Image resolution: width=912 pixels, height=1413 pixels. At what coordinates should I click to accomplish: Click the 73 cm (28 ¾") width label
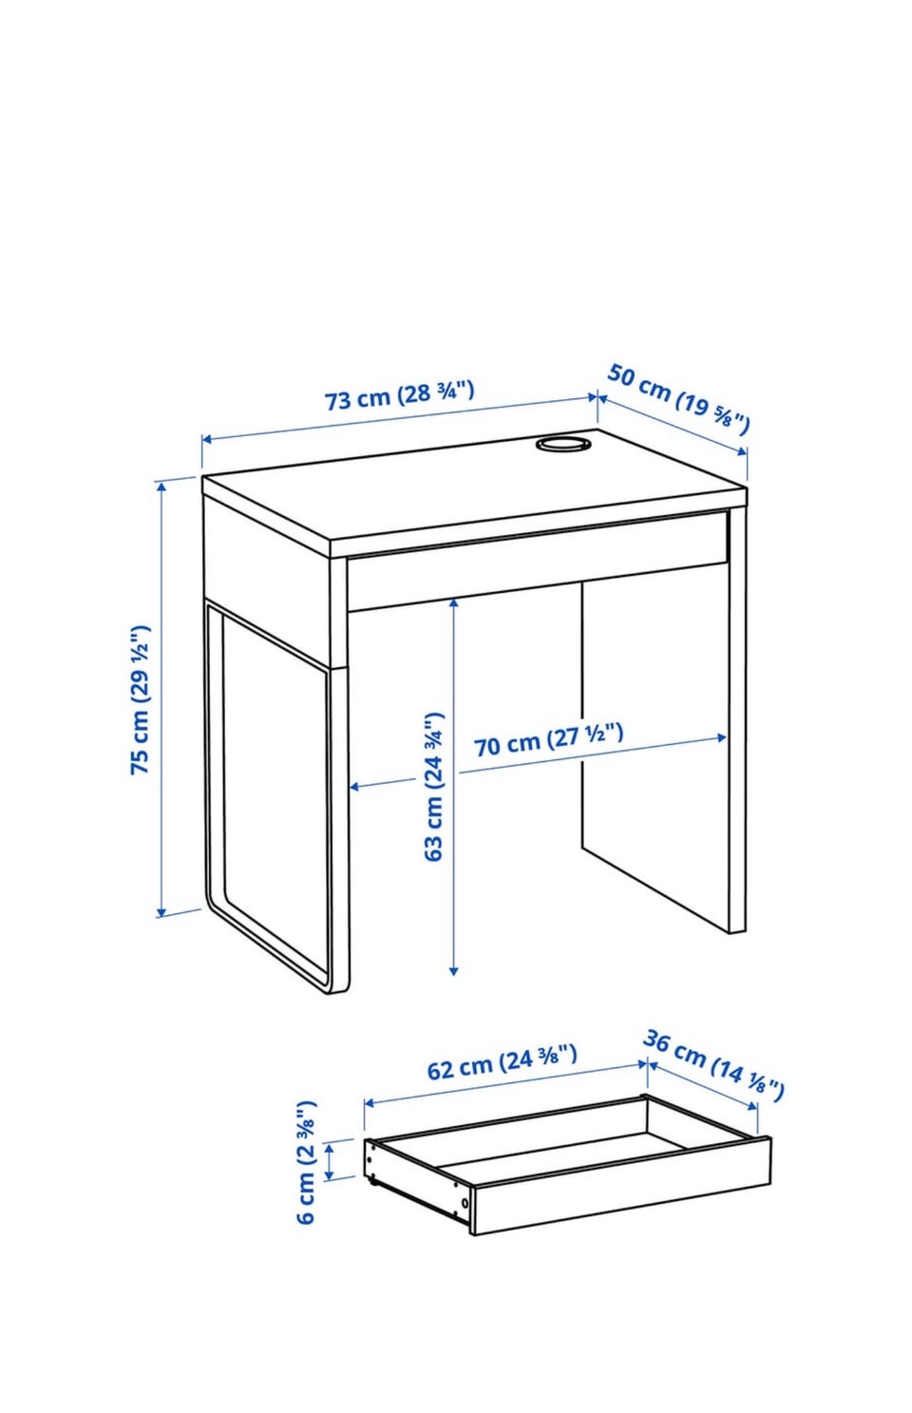coord(399,395)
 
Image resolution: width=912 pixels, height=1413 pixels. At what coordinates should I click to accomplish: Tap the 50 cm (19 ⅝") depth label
coord(678,399)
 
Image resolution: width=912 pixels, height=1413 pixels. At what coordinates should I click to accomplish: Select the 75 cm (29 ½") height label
coord(140,699)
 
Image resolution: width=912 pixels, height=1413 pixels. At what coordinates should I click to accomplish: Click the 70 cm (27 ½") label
coord(549,740)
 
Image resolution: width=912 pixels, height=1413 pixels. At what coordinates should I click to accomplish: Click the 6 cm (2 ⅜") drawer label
coord(306,1162)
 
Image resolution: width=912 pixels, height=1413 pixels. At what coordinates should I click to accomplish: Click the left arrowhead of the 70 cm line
coord(356,786)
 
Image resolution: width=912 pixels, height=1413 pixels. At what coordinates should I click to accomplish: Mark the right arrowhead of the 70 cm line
coord(720,737)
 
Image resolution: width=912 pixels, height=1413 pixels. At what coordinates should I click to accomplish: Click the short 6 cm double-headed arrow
coord(330,1161)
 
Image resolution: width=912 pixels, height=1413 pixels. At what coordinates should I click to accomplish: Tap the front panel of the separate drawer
coord(622,1194)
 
